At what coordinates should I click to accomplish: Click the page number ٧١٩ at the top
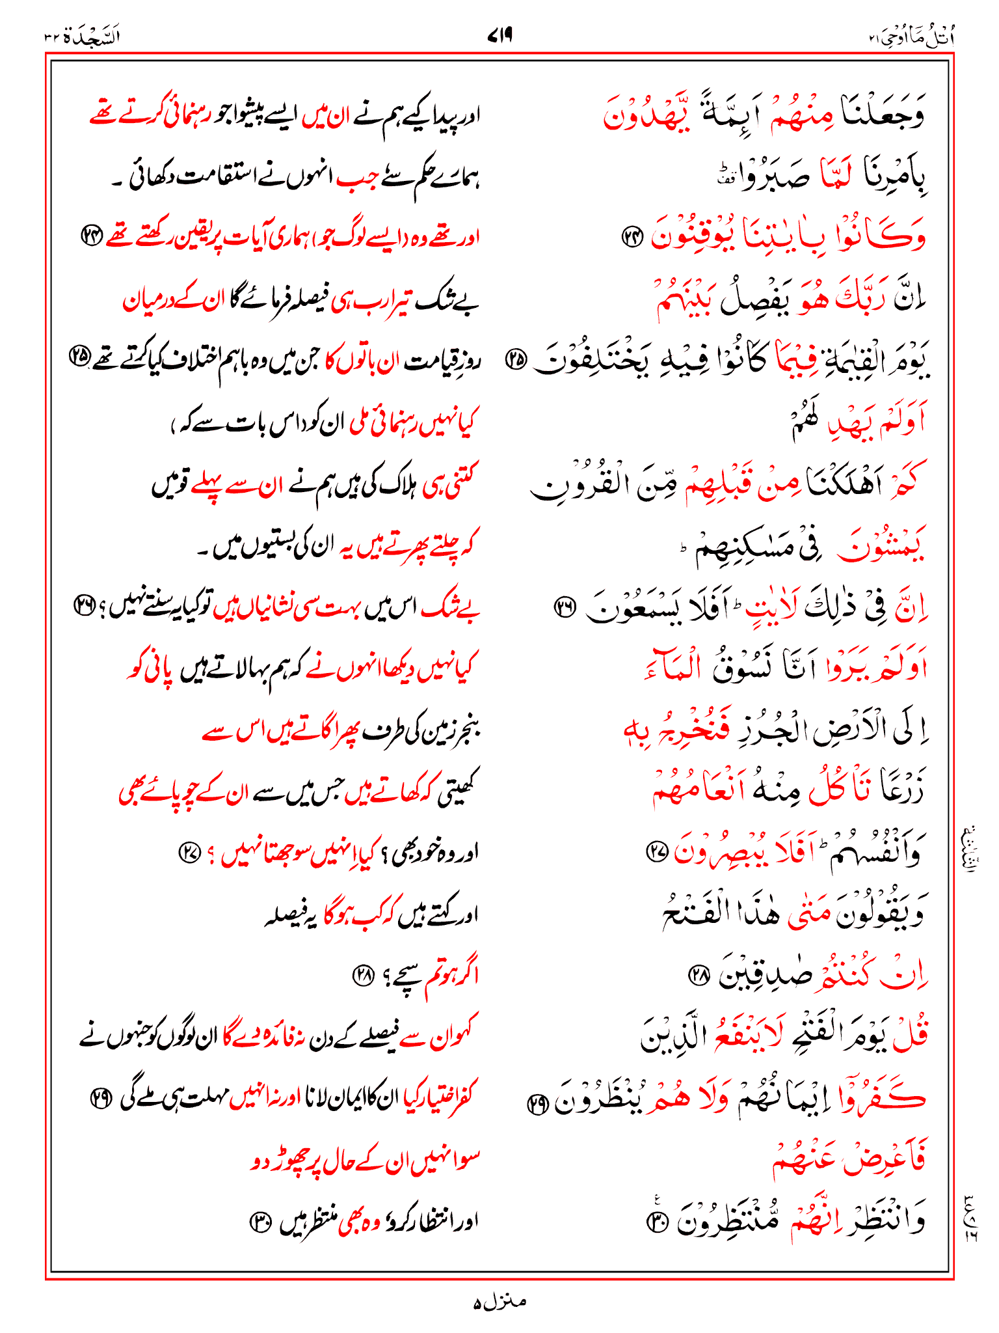click(x=499, y=36)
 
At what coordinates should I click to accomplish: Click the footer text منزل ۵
click(x=499, y=1302)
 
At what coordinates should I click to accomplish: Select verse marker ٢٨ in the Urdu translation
click(x=363, y=975)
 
